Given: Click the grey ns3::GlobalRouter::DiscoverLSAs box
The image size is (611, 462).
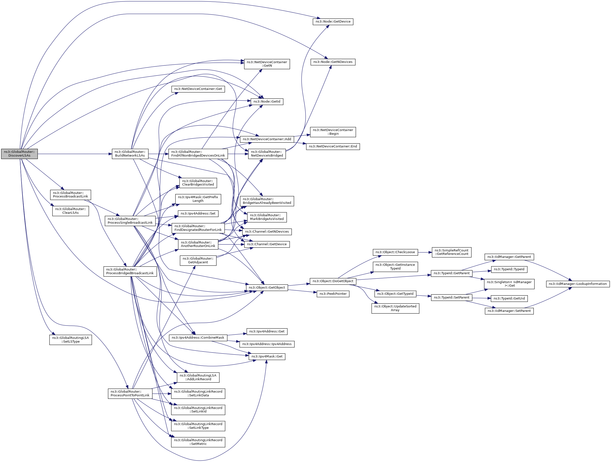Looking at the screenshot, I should point(19,154).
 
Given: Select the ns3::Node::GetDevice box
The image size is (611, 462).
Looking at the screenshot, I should point(333,22).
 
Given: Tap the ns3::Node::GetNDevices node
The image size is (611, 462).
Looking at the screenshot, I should point(333,62).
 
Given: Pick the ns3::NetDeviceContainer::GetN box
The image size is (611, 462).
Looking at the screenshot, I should point(267,64).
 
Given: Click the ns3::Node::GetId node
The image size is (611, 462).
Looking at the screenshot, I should point(267,102).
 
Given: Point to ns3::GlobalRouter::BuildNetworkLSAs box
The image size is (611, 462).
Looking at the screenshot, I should point(130,154).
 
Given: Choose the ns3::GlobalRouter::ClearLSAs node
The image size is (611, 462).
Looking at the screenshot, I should point(71,211).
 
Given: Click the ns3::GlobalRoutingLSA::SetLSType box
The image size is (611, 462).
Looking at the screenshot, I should point(71,340).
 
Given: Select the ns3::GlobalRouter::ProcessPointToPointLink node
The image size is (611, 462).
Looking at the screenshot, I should point(130,393).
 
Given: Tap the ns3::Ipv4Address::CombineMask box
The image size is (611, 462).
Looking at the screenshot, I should point(198,338).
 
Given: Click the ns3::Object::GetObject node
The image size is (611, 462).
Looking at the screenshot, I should point(267,288).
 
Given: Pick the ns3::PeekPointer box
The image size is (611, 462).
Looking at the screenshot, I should point(333,294).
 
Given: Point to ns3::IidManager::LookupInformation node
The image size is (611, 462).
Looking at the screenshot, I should point(578,284).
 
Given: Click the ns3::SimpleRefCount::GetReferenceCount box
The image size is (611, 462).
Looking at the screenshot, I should point(452,252).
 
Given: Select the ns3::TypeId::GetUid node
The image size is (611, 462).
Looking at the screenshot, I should point(509,299).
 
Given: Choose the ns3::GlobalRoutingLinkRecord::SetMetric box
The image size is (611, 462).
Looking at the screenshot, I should point(198,442).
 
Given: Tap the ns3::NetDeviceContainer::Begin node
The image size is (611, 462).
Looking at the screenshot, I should point(333,132).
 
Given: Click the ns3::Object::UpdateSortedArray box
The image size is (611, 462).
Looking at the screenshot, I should point(395,308).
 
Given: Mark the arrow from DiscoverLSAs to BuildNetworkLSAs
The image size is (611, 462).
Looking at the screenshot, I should point(75,154).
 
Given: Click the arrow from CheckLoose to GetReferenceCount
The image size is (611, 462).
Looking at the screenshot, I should point(425,252).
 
